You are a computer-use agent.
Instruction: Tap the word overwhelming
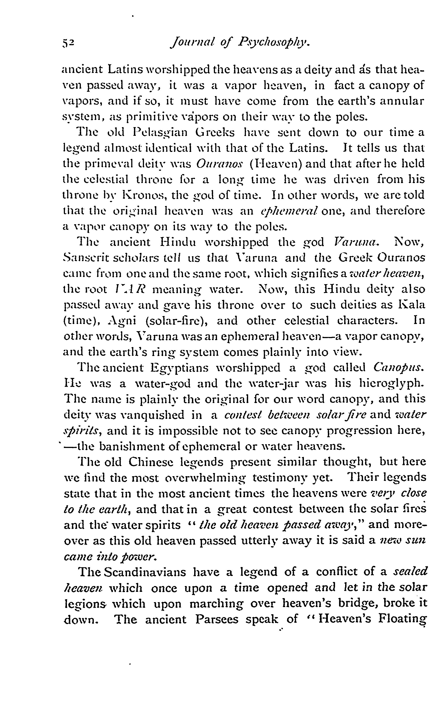tap(205, 478)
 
